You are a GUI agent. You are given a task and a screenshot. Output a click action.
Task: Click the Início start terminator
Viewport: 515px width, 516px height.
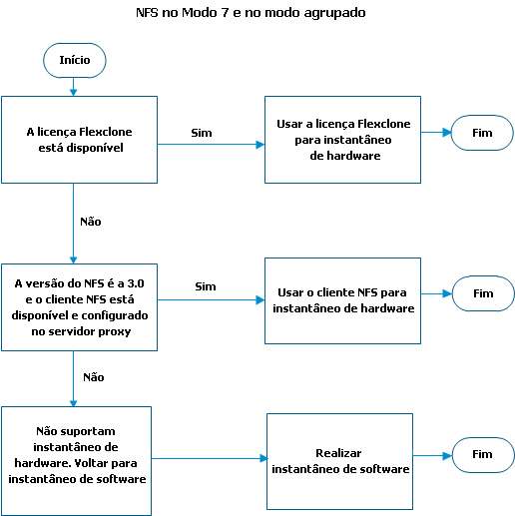pyautogui.click(x=75, y=60)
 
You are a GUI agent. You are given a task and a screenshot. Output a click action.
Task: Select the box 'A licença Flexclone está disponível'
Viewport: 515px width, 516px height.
pyautogui.click(x=79, y=140)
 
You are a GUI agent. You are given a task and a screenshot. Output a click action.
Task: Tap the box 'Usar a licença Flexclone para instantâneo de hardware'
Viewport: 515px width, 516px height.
pyautogui.click(x=342, y=140)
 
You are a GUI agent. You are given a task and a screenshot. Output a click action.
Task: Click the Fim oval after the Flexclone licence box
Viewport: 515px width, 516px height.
pyautogui.click(x=482, y=133)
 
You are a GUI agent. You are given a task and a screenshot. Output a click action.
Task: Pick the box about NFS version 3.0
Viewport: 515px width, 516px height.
pyautogui.click(x=79, y=307)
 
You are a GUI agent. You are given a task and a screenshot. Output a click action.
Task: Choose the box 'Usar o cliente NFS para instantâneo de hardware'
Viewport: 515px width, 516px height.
pyautogui.click(x=342, y=300)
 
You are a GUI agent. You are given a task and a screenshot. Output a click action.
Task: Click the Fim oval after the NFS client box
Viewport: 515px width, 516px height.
pyautogui.click(x=483, y=293)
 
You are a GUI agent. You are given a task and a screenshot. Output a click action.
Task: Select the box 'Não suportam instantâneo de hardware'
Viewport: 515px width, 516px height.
pyautogui.click(x=76, y=461)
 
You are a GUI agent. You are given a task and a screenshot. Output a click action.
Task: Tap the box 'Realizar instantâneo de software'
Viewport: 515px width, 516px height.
pyautogui.click(x=339, y=461)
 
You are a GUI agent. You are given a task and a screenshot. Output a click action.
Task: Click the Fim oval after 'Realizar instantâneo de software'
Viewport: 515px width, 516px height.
pyautogui.click(x=483, y=455)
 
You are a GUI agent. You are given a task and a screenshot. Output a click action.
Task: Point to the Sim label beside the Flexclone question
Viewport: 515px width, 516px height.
pyautogui.click(x=202, y=133)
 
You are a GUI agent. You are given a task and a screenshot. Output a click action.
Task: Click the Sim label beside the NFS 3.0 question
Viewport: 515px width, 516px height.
pyautogui.click(x=206, y=286)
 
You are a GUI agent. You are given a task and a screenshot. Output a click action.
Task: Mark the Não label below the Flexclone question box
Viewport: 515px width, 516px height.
pyautogui.click(x=91, y=222)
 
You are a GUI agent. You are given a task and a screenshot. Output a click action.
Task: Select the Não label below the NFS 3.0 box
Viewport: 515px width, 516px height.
pyautogui.click(x=94, y=377)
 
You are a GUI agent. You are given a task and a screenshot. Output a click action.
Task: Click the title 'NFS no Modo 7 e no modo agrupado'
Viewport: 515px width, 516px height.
pyautogui.click(x=251, y=13)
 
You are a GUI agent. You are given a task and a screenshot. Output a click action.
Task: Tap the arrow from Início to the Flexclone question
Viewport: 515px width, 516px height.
pyautogui.click(x=74, y=87)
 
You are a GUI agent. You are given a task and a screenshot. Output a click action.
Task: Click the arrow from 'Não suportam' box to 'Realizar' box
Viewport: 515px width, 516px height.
pyautogui.click(x=210, y=458)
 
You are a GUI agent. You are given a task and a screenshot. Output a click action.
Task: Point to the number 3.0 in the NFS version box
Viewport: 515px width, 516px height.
pyautogui.click(x=136, y=283)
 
